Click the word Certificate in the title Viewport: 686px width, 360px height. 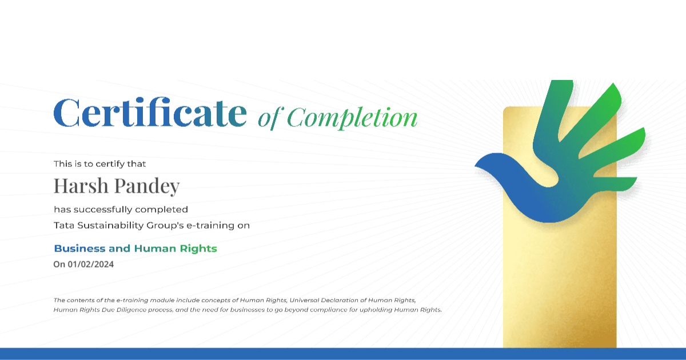[x=150, y=113]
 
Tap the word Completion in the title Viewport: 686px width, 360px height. [x=352, y=118]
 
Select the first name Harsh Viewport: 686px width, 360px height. [x=81, y=186]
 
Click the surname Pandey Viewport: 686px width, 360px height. [x=147, y=187]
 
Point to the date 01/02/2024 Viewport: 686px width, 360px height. [x=91, y=264]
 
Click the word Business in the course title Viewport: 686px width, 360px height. [x=79, y=248]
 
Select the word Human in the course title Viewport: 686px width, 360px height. [x=155, y=248]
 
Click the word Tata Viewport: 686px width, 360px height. [x=63, y=225]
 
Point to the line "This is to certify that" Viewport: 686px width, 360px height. [x=99, y=164]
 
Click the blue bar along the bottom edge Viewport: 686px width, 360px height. [x=343, y=354]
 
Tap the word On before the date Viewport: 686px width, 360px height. [x=59, y=264]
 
